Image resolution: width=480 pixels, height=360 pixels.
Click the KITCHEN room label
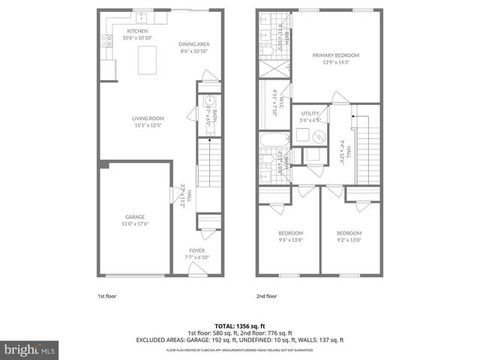[126, 31]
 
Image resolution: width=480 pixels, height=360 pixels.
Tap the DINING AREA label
[193, 44]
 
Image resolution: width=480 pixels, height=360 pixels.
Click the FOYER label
[196, 250]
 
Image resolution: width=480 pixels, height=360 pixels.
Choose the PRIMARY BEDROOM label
[336, 55]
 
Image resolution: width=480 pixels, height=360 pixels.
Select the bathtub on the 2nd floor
[270, 140]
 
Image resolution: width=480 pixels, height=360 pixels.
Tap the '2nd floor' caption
[266, 296]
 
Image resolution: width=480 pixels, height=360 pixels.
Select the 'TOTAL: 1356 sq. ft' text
[239, 325]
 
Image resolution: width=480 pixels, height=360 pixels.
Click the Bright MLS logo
[30, 349]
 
